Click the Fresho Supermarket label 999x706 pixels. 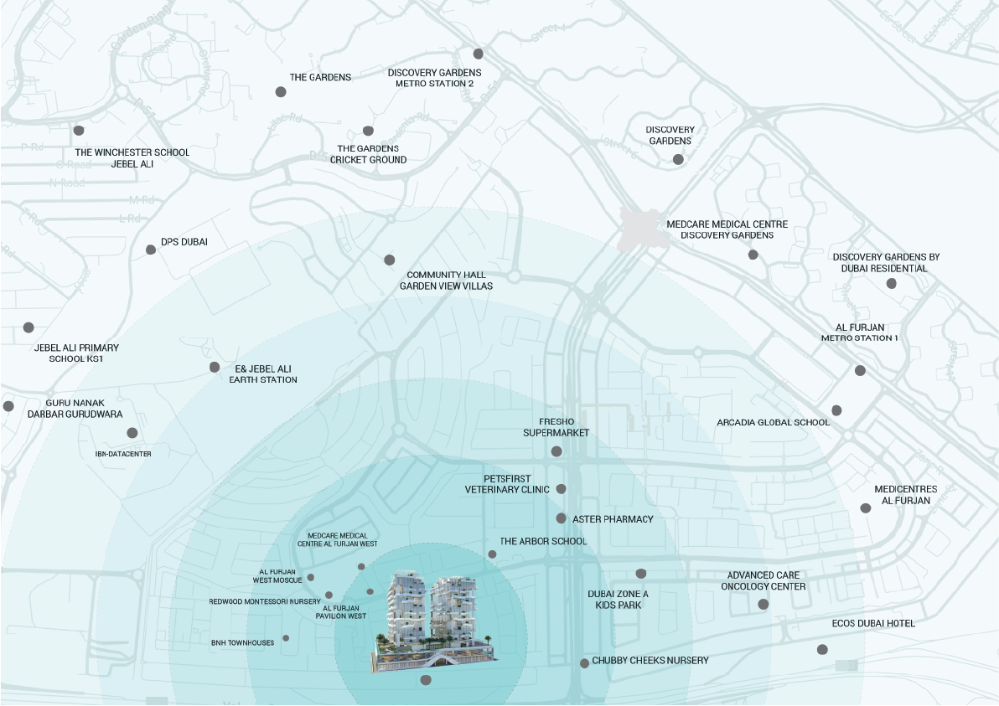556,427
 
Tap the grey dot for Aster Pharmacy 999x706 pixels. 562,518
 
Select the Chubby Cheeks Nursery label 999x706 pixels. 650,661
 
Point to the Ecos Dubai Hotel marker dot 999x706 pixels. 822,650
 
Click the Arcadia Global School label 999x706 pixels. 773,422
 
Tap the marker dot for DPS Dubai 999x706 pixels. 151,250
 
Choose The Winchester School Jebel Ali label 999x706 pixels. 132,158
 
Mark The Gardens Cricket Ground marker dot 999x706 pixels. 368,131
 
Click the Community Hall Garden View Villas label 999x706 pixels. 446,281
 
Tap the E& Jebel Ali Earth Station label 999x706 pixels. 263,374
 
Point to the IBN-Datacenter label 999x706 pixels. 123,453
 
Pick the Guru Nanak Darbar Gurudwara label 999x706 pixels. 75,409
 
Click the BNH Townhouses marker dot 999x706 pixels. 286,638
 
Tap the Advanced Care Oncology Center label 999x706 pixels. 763,581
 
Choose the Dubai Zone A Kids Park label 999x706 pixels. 618,599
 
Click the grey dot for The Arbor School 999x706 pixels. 492,554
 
